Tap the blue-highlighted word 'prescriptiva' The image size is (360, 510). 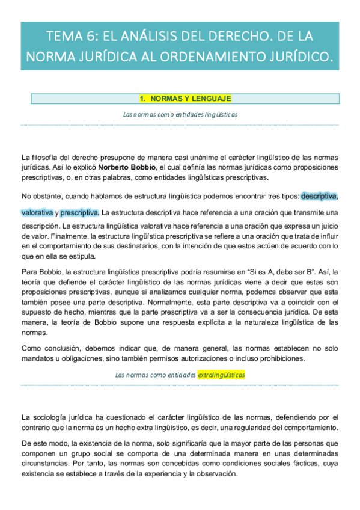(79, 213)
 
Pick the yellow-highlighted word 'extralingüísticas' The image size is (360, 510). (222, 375)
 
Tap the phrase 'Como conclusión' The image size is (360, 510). (50, 349)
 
